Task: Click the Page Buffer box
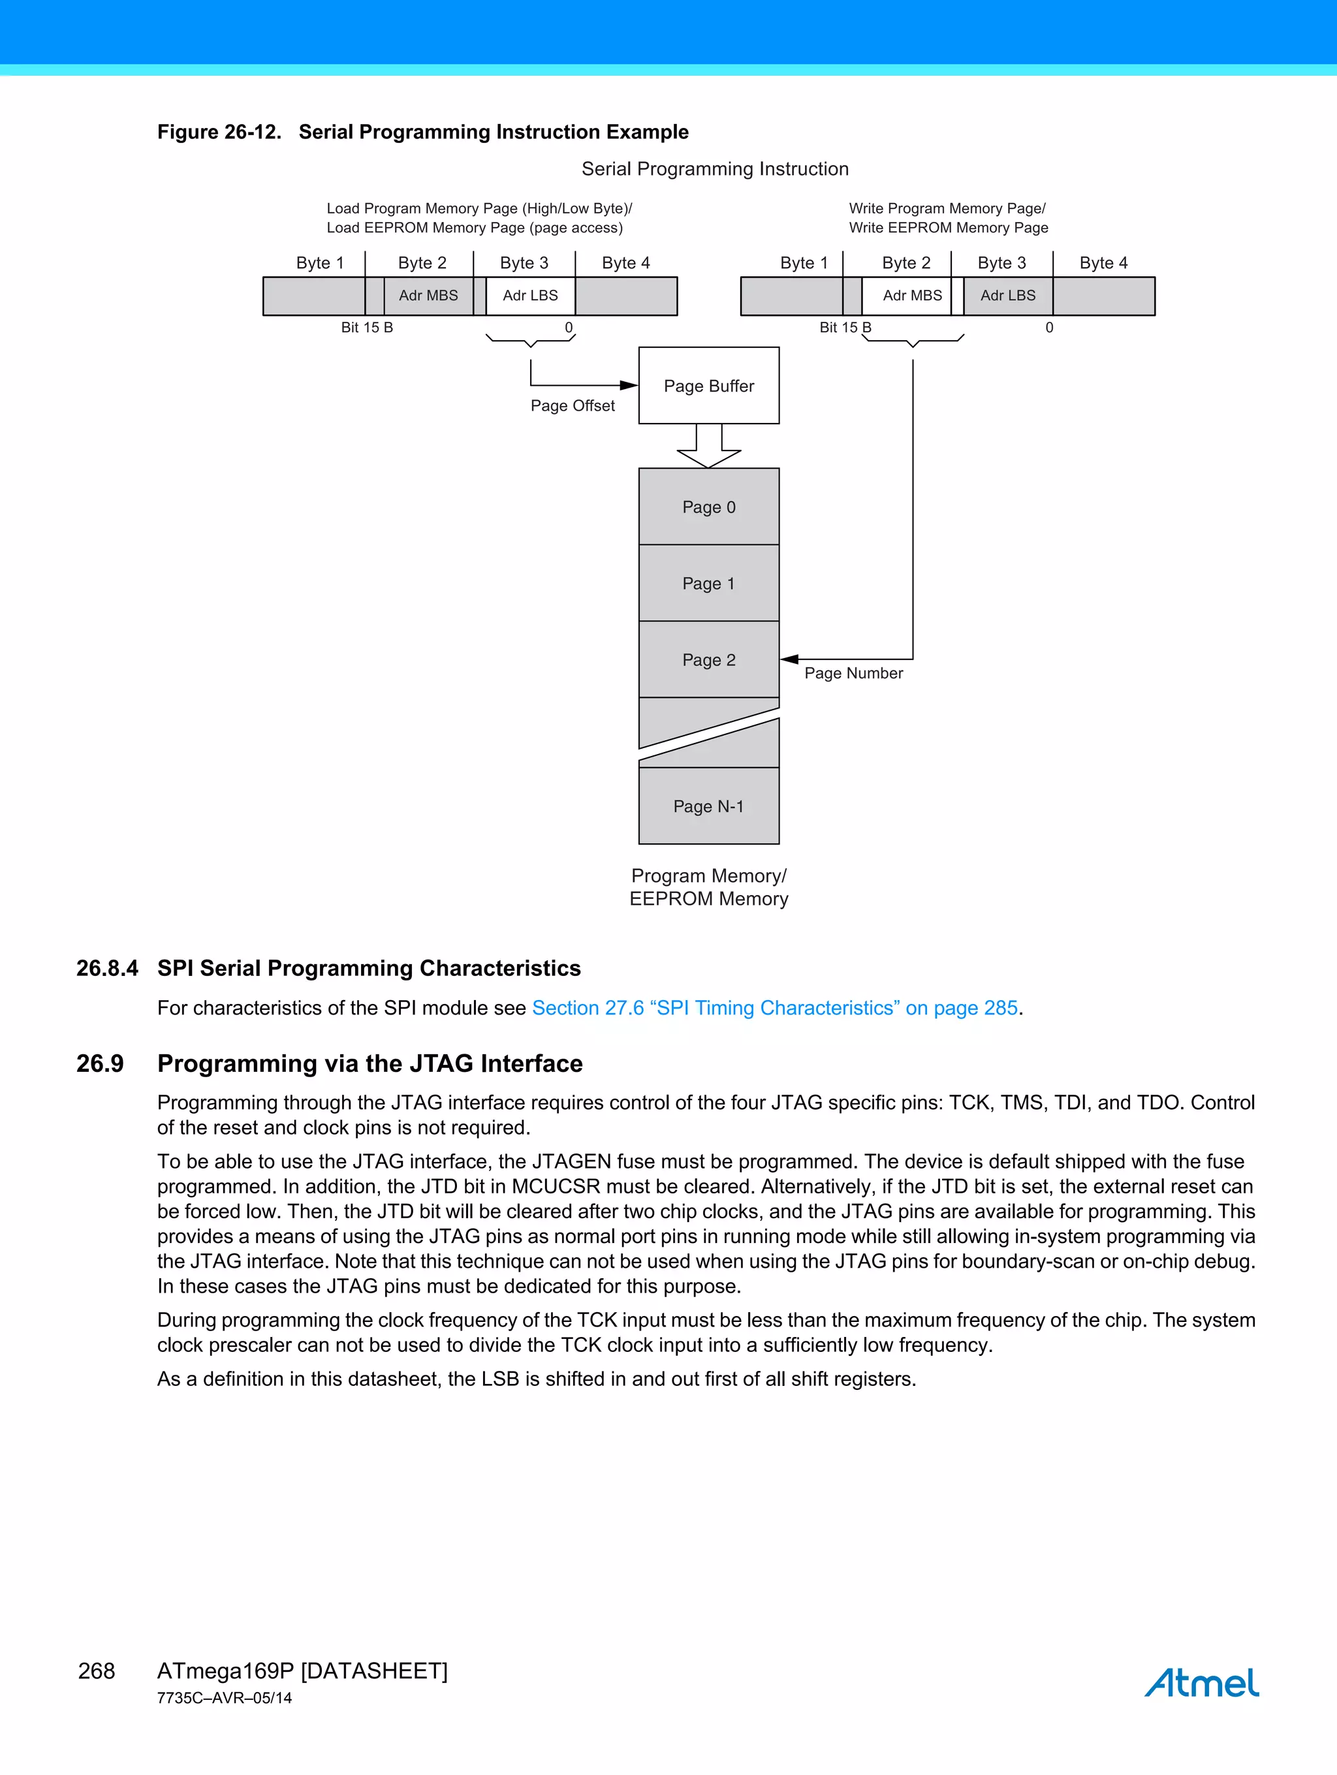click(708, 385)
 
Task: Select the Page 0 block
click(708, 507)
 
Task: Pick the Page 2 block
click(708, 659)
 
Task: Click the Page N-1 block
click(708, 806)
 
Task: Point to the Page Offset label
click(572, 406)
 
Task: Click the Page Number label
click(853, 673)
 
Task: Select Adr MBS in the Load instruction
click(428, 295)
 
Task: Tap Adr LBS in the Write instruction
click(1008, 295)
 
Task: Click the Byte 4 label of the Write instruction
click(1103, 263)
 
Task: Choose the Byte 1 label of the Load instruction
click(319, 263)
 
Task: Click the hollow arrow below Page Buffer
click(708, 448)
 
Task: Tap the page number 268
click(97, 1671)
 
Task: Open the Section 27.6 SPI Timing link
click(774, 1008)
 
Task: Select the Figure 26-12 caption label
click(219, 132)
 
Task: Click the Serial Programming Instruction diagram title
click(714, 168)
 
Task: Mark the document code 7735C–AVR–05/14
click(225, 1698)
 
